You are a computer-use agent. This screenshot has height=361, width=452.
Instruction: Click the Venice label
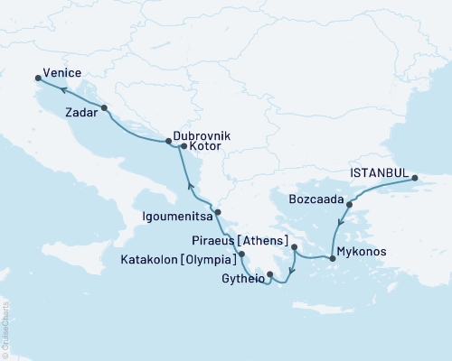click(x=61, y=72)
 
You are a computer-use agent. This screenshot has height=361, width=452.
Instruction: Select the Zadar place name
click(x=81, y=114)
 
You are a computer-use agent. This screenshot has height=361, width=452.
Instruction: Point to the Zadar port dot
click(x=105, y=107)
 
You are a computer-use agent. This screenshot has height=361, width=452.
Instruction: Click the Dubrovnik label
click(x=202, y=134)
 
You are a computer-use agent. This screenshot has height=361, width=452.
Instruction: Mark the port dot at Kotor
click(x=184, y=146)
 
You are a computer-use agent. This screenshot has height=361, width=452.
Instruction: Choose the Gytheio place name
click(x=243, y=280)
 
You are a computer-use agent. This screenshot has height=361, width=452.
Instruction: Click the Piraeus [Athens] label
click(x=239, y=244)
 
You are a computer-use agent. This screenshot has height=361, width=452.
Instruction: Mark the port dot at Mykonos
click(x=333, y=259)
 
